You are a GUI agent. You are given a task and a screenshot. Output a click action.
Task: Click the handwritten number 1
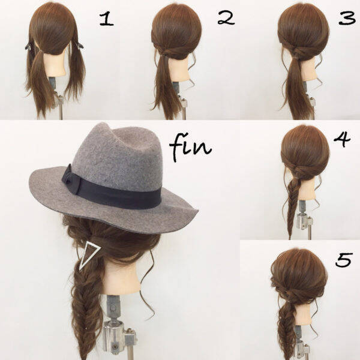click(x=106, y=19)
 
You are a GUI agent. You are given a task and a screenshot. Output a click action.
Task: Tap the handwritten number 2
click(x=226, y=19)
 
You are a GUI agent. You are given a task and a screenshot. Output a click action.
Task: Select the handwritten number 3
click(x=347, y=19)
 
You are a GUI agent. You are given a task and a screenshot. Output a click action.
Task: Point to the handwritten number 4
click(x=342, y=139)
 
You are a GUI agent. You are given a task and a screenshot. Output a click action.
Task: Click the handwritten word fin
click(x=190, y=146)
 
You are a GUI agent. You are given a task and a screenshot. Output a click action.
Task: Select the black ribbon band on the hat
click(x=112, y=192)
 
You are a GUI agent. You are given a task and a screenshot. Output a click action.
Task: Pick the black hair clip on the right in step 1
click(x=79, y=45)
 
